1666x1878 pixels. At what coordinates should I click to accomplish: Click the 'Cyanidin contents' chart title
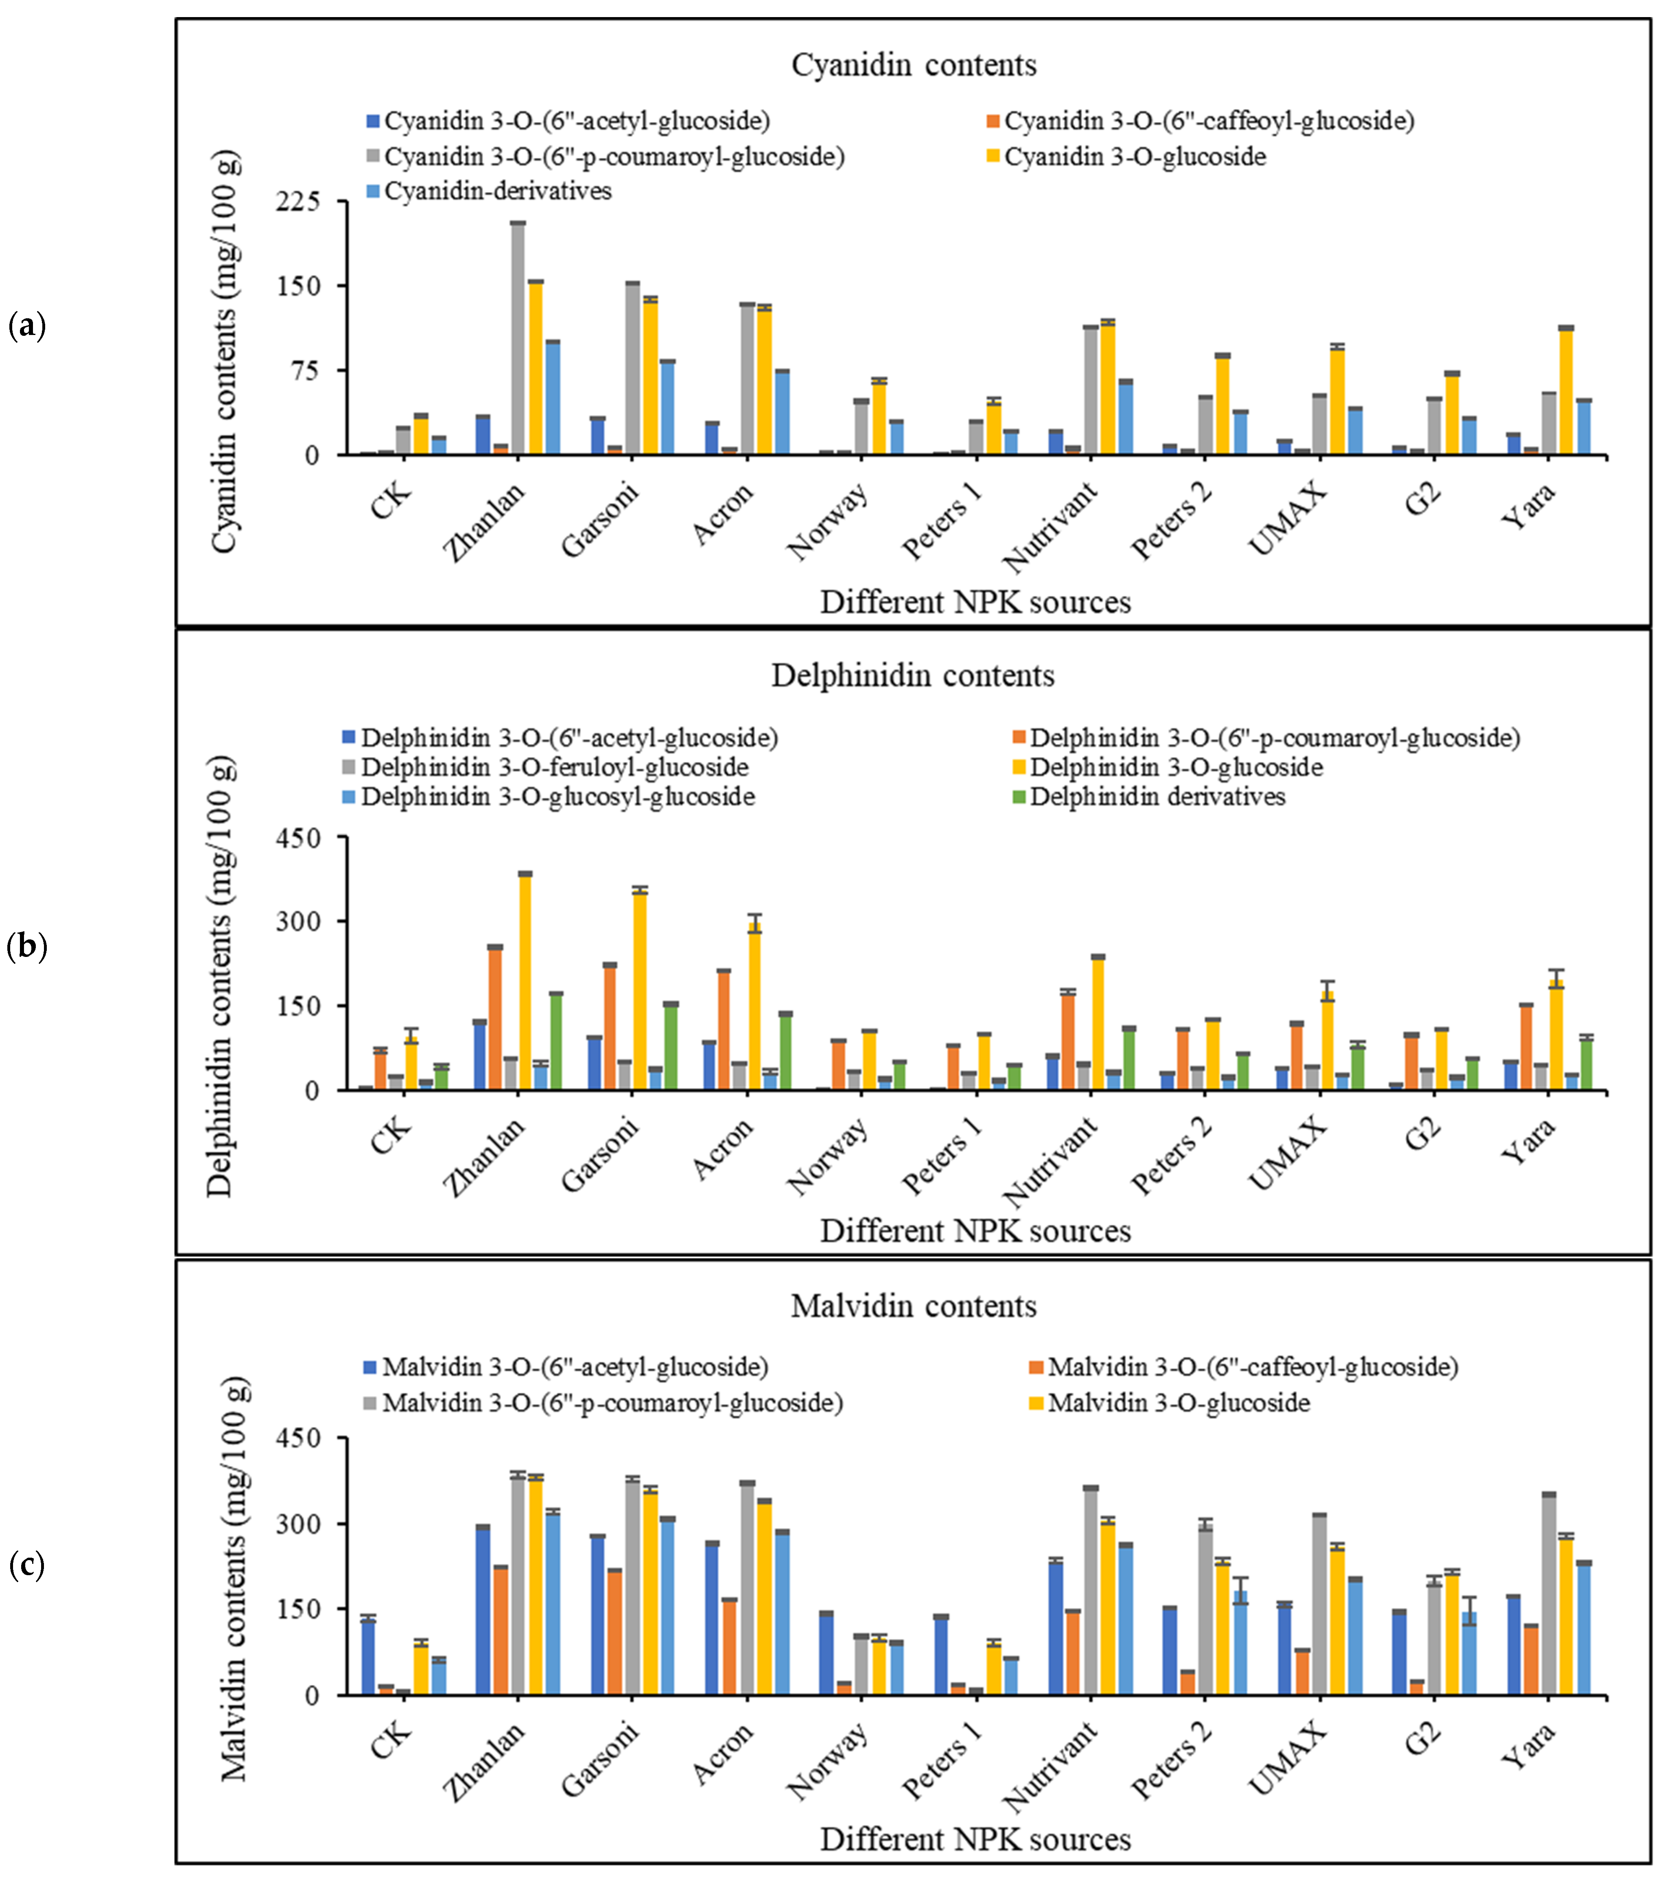tap(914, 65)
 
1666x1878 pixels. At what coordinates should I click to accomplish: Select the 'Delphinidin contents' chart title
tap(912, 675)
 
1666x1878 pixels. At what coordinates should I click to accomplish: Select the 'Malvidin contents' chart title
tap(914, 1306)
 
